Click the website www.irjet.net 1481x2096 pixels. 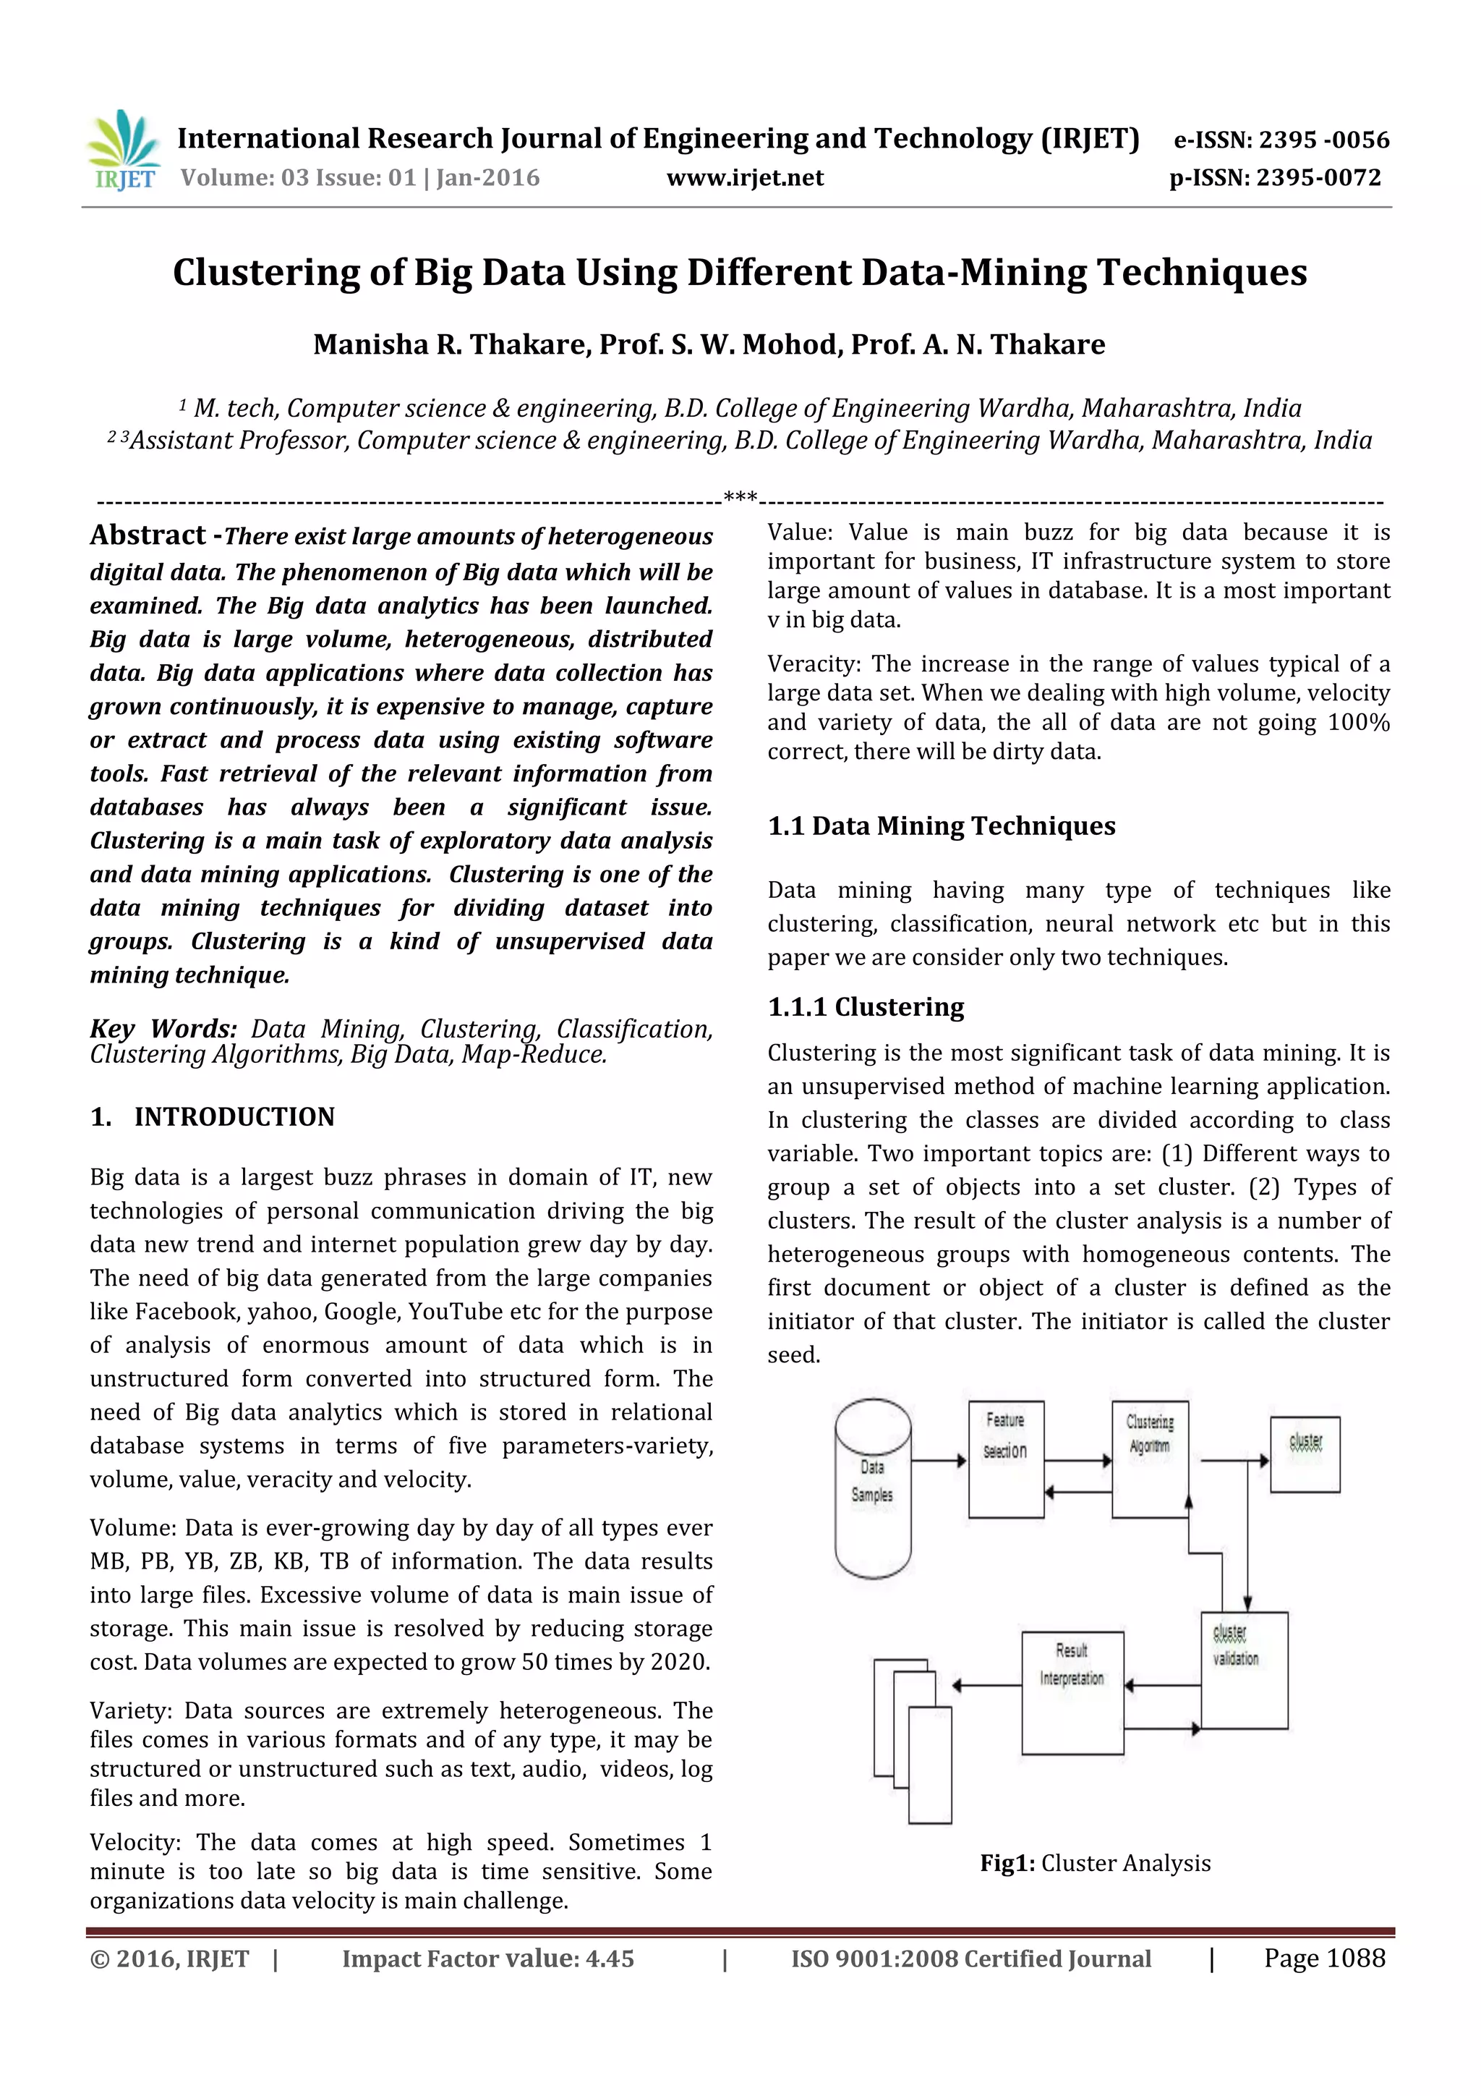tap(745, 178)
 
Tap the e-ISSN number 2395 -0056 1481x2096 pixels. tap(1324, 140)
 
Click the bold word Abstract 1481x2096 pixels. tap(148, 535)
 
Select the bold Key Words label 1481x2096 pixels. tap(163, 1029)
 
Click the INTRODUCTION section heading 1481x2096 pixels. tap(234, 1116)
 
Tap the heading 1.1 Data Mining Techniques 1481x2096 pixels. tap(941, 826)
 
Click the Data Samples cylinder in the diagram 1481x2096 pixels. tap(872, 1488)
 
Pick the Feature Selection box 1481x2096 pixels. tap(1006, 1459)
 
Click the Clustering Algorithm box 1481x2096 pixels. tap(1150, 1458)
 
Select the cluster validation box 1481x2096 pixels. tap(1244, 1670)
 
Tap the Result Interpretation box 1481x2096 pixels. tap(1072, 1692)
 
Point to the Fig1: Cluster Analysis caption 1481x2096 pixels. tap(1095, 1863)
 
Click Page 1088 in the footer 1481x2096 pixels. tap(1323, 1958)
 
